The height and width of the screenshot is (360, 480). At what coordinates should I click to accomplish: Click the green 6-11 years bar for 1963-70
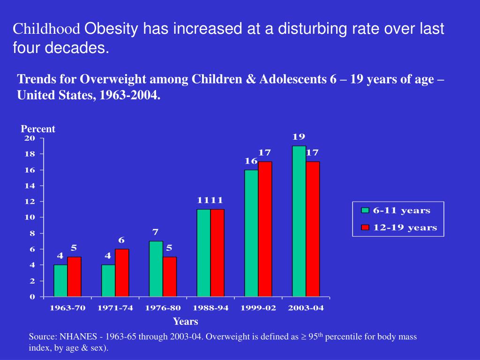tap(60, 280)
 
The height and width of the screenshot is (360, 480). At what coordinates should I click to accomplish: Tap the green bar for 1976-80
tap(156, 269)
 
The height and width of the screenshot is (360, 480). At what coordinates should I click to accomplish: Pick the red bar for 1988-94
tap(217, 253)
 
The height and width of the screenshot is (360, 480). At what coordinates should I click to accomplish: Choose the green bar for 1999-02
tap(251, 233)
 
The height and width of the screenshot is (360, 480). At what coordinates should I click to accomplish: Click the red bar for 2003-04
tap(313, 229)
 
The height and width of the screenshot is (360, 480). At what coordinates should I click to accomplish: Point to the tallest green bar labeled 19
tap(299, 221)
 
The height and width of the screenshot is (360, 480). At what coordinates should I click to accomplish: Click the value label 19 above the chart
tap(299, 137)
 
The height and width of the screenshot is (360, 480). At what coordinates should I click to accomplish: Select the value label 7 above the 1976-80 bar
tap(156, 232)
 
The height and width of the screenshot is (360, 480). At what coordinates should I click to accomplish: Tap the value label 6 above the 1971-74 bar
tap(121, 240)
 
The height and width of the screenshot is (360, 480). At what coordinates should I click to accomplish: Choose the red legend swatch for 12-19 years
tap(365, 228)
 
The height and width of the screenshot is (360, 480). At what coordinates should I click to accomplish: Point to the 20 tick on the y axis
tap(30, 138)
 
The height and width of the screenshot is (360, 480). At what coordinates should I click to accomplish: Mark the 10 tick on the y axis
tap(30, 217)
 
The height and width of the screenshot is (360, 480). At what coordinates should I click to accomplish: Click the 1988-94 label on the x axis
tap(210, 308)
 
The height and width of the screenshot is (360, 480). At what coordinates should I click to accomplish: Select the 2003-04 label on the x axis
tap(306, 308)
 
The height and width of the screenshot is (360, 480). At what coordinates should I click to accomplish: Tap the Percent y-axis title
tap(38, 129)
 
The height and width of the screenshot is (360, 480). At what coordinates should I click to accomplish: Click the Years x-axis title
tap(186, 322)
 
